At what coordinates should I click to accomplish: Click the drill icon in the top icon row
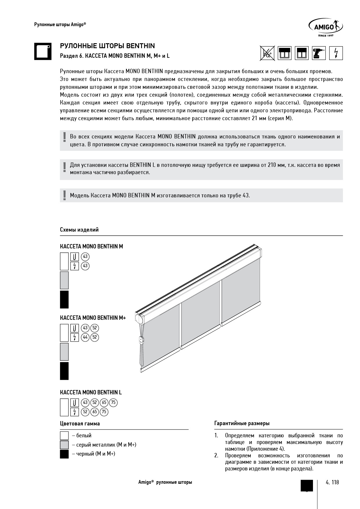coord(319,53)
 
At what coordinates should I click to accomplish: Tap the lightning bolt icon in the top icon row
coord(336,53)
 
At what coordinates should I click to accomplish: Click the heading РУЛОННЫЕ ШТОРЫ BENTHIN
coord(107,46)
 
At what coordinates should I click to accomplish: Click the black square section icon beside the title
coord(43,52)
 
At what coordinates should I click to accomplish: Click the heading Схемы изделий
coord(79,230)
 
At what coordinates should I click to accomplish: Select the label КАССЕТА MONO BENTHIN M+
coord(93,318)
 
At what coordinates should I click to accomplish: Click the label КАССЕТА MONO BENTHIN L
coord(91,392)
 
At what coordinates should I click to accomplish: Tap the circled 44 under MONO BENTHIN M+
coord(85,337)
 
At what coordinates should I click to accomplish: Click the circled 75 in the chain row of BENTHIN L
coord(113,402)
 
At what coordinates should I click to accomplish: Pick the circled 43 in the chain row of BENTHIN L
coord(85,402)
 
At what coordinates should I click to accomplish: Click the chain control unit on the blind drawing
coord(142,340)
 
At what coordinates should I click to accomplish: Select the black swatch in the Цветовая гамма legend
coord(64,454)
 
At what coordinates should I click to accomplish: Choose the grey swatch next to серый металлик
coord(64,445)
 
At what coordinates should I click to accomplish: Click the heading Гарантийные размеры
coord(242,423)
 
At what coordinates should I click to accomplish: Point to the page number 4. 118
coord(332,482)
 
